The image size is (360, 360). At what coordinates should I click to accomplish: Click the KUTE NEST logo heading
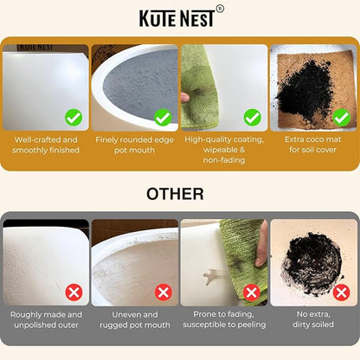tap(177, 18)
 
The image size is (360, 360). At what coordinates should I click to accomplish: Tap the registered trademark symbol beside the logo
tap(220, 10)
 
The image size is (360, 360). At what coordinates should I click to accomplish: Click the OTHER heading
tap(175, 194)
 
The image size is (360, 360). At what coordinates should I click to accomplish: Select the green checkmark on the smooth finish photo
tap(74, 118)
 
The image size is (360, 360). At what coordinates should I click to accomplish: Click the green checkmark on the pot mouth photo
tap(163, 118)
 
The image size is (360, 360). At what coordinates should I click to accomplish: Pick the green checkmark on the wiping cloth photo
tap(253, 118)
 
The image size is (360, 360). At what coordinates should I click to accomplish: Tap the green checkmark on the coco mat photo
tap(342, 118)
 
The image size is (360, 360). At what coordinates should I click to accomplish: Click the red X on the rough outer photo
tap(74, 292)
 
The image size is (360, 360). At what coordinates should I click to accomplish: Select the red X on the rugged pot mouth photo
tap(164, 292)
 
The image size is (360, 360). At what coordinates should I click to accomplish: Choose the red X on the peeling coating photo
tap(252, 292)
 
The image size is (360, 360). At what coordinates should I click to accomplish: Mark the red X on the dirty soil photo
tap(341, 292)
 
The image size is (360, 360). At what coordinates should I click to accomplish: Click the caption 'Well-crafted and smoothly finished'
tap(46, 145)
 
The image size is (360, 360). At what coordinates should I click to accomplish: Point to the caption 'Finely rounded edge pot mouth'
tap(134, 145)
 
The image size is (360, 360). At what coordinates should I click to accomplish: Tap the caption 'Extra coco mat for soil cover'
tap(313, 145)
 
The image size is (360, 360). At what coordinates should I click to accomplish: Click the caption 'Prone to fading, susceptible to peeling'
tap(224, 319)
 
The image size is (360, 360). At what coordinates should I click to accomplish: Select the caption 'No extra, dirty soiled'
tap(313, 319)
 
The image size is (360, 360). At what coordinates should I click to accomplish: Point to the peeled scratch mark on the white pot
tap(213, 276)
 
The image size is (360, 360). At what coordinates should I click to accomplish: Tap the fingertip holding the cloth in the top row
tap(185, 98)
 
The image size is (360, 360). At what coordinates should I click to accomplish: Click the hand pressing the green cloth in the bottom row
tap(262, 245)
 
